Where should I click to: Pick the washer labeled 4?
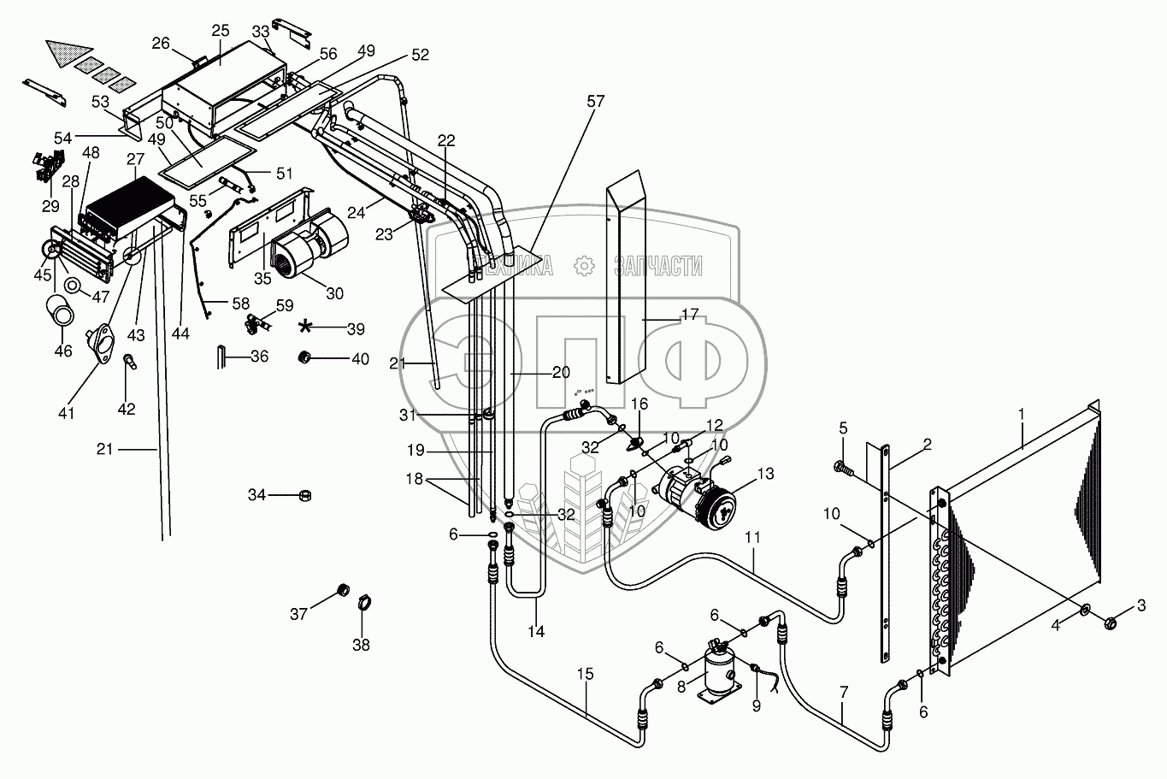(x=1086, y=611)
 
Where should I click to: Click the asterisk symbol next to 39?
(x=306, y=327)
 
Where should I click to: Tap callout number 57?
(x=594, y=102)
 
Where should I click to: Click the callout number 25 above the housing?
(x=221, y=31)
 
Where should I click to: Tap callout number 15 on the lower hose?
(x=585, y=674)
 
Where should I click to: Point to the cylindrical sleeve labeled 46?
(x=60, y=310)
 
